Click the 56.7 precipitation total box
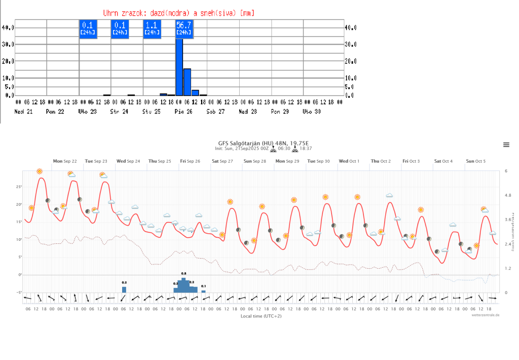[x=184, y=28]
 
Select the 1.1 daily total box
[x=152, y=28]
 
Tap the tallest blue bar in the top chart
[x=179, y=66]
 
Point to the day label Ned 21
[x=23, y=111]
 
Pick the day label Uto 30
[x=312, y=111]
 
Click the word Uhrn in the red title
[x=112, y=12]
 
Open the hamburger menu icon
[x=506, y=145]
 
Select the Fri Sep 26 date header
[x=190, y=161]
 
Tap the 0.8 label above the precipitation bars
[x=184, y=273]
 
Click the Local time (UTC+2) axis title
[x=261, y=316]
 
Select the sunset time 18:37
[x=306, y=149]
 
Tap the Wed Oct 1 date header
[x=349, y=161]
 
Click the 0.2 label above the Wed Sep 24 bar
[x=124, y=282]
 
